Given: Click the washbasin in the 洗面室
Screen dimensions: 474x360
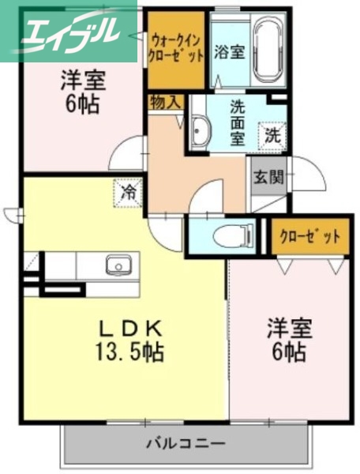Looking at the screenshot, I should click(x=198, y=128).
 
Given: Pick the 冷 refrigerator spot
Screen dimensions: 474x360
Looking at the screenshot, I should click(x=127, y=191).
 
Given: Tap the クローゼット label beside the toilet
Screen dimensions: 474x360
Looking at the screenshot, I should click(x=309, y=236).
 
